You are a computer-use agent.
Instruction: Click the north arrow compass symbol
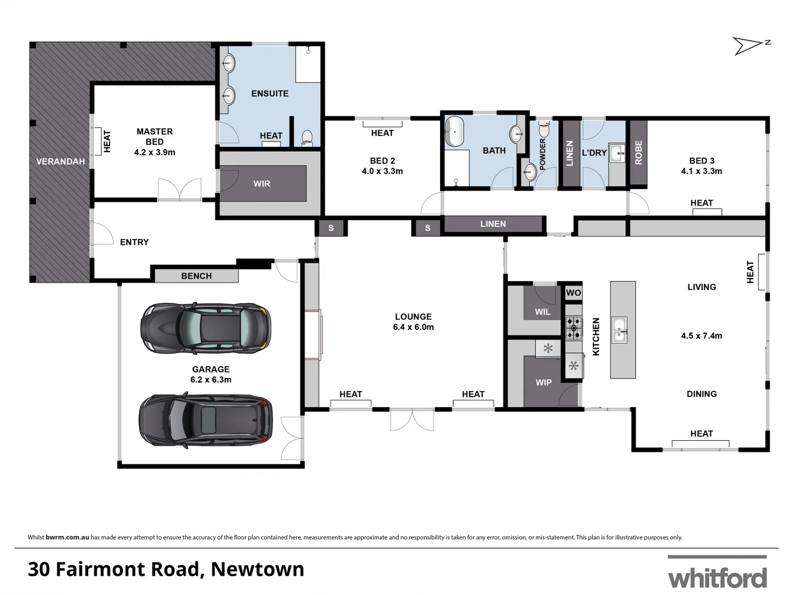pyautogui.click(x=750, y=46)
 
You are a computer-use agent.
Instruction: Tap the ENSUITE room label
pyautogui.click(x=270, y=94)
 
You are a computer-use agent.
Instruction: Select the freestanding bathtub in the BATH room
pyautogui.click(x=455, y=132)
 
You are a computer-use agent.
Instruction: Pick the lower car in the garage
pyautogui.click(x=206, y=420)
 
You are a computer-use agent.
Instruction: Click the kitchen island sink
pyautogui.click(x=620, y=329)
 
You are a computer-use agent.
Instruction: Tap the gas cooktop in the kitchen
pyautogui.click(x=574, y=328)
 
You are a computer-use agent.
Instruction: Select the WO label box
pyautogui.click(x=573, y=293)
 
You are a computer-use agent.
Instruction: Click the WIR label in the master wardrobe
pyautogui.click(x=262, y=183)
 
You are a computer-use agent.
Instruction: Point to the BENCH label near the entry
pyautogui.click(x=197, y=276)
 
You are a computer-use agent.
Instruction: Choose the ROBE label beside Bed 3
pyautogui.click(x=638, y=152)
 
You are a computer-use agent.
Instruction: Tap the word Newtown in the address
pyautogui.click(x=258, y=569)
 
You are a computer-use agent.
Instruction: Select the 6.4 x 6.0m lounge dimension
pyautogui.click(x=413, y=327)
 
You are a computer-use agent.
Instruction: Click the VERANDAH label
pyautogui.click(x=61, y=161)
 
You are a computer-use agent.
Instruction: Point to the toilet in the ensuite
pyautogui.click(x=307, y=137)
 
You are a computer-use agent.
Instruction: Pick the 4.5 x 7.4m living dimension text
pyautogui.click(x=702, y=336)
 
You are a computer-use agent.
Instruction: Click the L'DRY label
pyautogui.click(x=594, y=153)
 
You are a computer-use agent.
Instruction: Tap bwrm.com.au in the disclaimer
pyautogui.click(x=67, y=537)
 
